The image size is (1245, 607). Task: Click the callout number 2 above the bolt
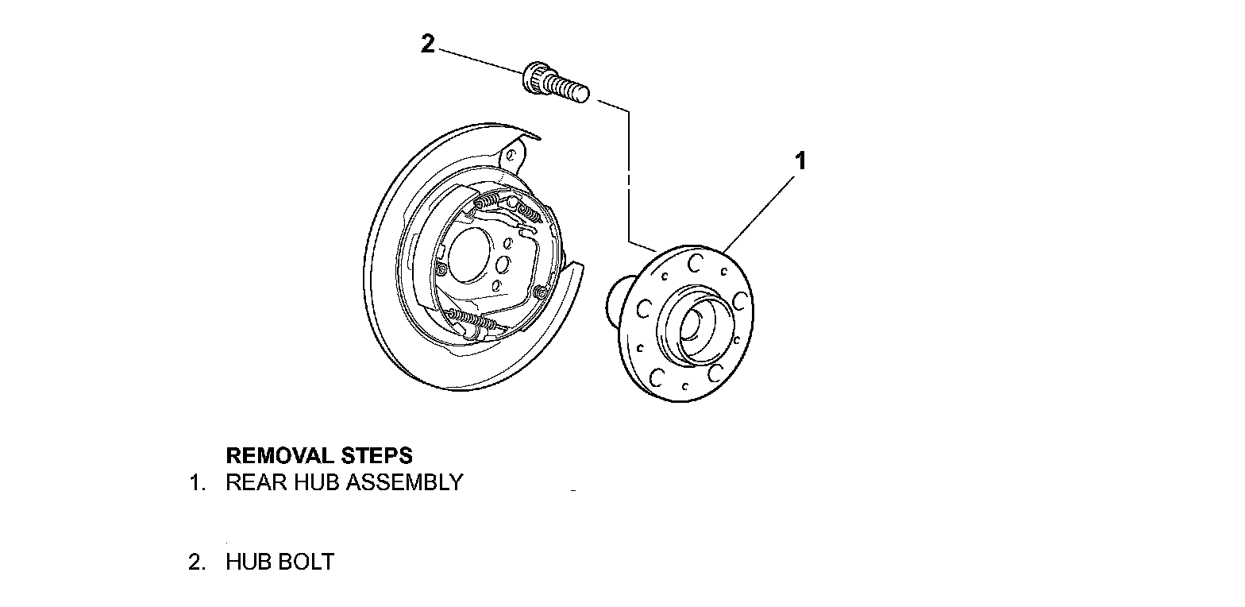click(428, 44)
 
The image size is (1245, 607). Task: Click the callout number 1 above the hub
click(801, 161)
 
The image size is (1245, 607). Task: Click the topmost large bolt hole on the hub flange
click(696, 262)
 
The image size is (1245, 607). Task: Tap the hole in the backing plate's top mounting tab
click(513, 154)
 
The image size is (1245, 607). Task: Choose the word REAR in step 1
click(252, 482)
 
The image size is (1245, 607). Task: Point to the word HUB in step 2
click(249, 562)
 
